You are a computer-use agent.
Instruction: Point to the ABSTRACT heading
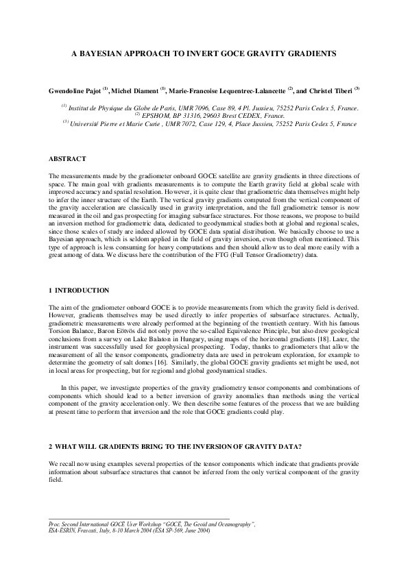67,160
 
